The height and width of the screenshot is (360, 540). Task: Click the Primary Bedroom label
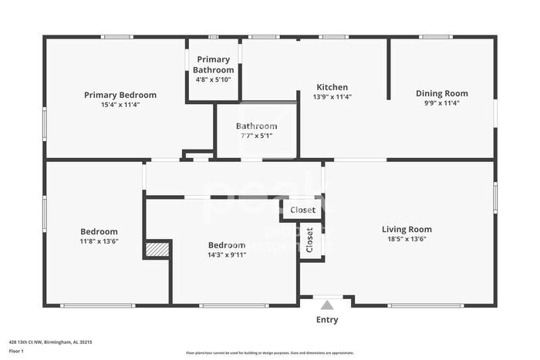(x=120, y=95)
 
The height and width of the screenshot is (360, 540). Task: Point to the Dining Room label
(x=441, y=93)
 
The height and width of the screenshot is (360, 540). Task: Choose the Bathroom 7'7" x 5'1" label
(x=256, y=126)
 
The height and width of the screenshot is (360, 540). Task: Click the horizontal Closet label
(x=302, y=210)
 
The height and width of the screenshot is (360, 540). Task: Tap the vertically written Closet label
(x=310, y=240)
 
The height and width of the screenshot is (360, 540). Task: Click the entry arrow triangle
(x=327, y=304)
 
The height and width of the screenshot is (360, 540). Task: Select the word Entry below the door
(x=327, y=320)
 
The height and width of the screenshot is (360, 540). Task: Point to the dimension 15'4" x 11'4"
(x=120, y=104)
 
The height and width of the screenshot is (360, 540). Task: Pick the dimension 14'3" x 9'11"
(x=227, y=254)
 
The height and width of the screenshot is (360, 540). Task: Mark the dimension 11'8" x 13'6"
(x=99, y=241)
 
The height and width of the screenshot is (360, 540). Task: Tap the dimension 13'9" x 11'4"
(x=332, y=96)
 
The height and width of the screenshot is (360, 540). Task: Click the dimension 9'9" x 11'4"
(x=441, y=103)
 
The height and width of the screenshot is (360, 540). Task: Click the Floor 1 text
(x=16, y=351)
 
